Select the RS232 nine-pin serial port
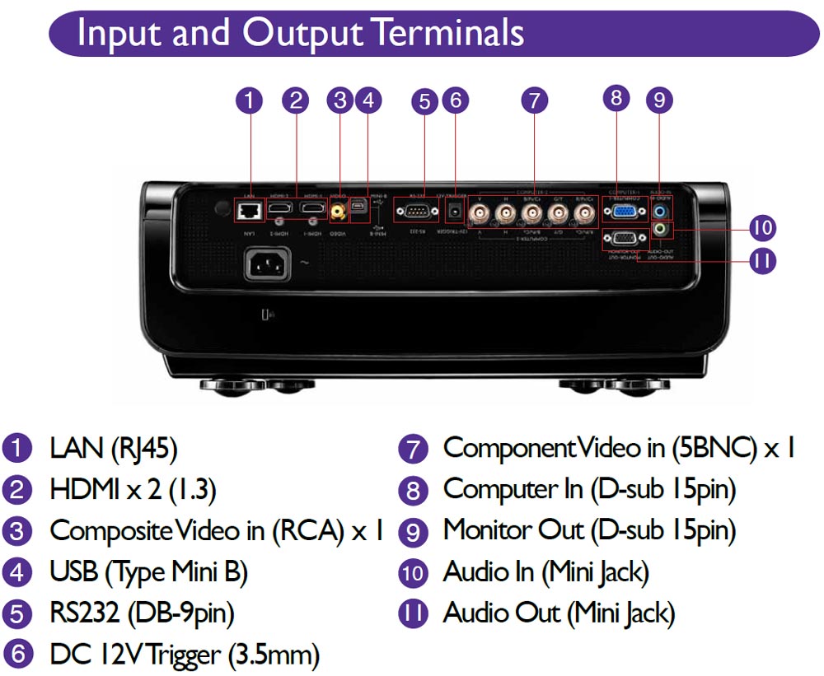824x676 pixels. pos(417,212)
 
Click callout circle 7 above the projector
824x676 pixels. pos(534,100)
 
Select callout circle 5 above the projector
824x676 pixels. pos(424,100)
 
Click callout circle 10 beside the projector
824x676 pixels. pos(762,227)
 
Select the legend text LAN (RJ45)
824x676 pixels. pos(113,449)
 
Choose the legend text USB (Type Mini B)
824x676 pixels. pos(148,571)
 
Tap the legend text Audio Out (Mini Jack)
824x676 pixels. pos(559,613)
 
